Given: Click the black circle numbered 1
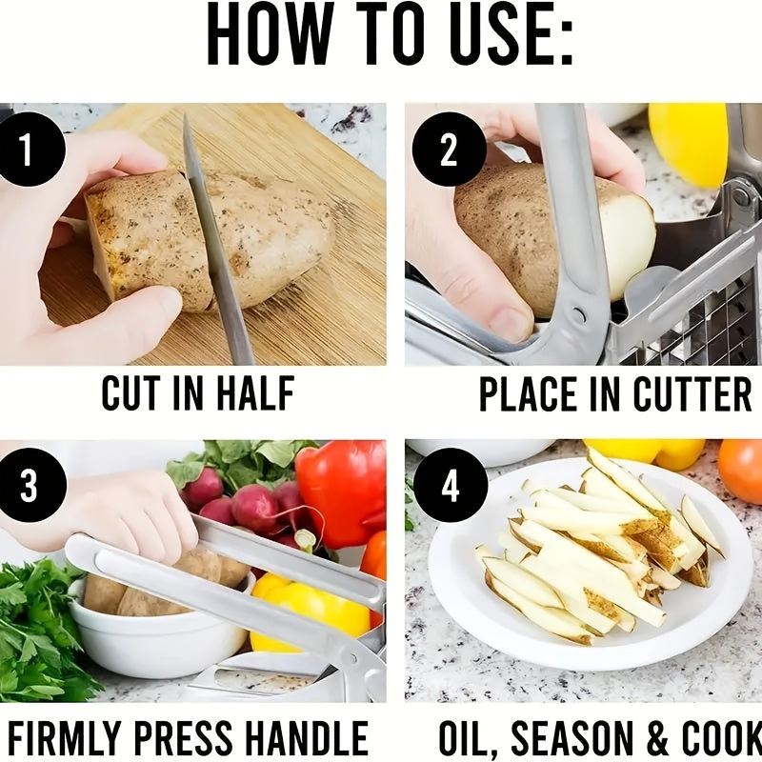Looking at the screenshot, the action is tap(29, 149).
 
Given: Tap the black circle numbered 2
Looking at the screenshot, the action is tap(449, 149).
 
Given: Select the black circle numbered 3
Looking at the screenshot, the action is tap(30, 485).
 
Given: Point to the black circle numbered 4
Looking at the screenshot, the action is tap(450, 485).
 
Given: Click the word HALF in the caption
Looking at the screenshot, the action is tap(255, 393).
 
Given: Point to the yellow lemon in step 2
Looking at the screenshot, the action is tap(689, 144).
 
